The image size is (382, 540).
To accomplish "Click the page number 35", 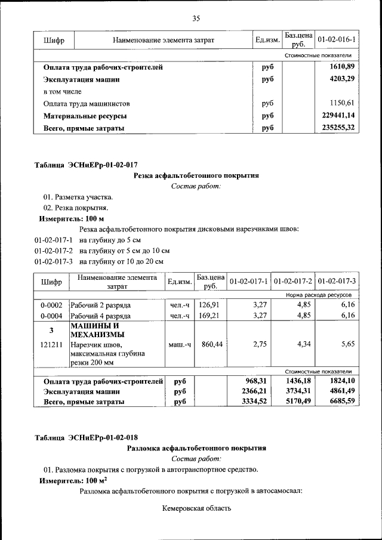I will [x=195, y=18].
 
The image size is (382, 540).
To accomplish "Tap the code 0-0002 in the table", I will [x=51, y=305].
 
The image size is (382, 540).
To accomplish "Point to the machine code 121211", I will [x=51, y=344].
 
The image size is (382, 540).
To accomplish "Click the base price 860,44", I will [x=210, y=344].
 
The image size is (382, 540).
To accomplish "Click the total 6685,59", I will [x=337, y=402].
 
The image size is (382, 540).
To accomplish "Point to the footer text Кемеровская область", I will [x=195, y=509].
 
